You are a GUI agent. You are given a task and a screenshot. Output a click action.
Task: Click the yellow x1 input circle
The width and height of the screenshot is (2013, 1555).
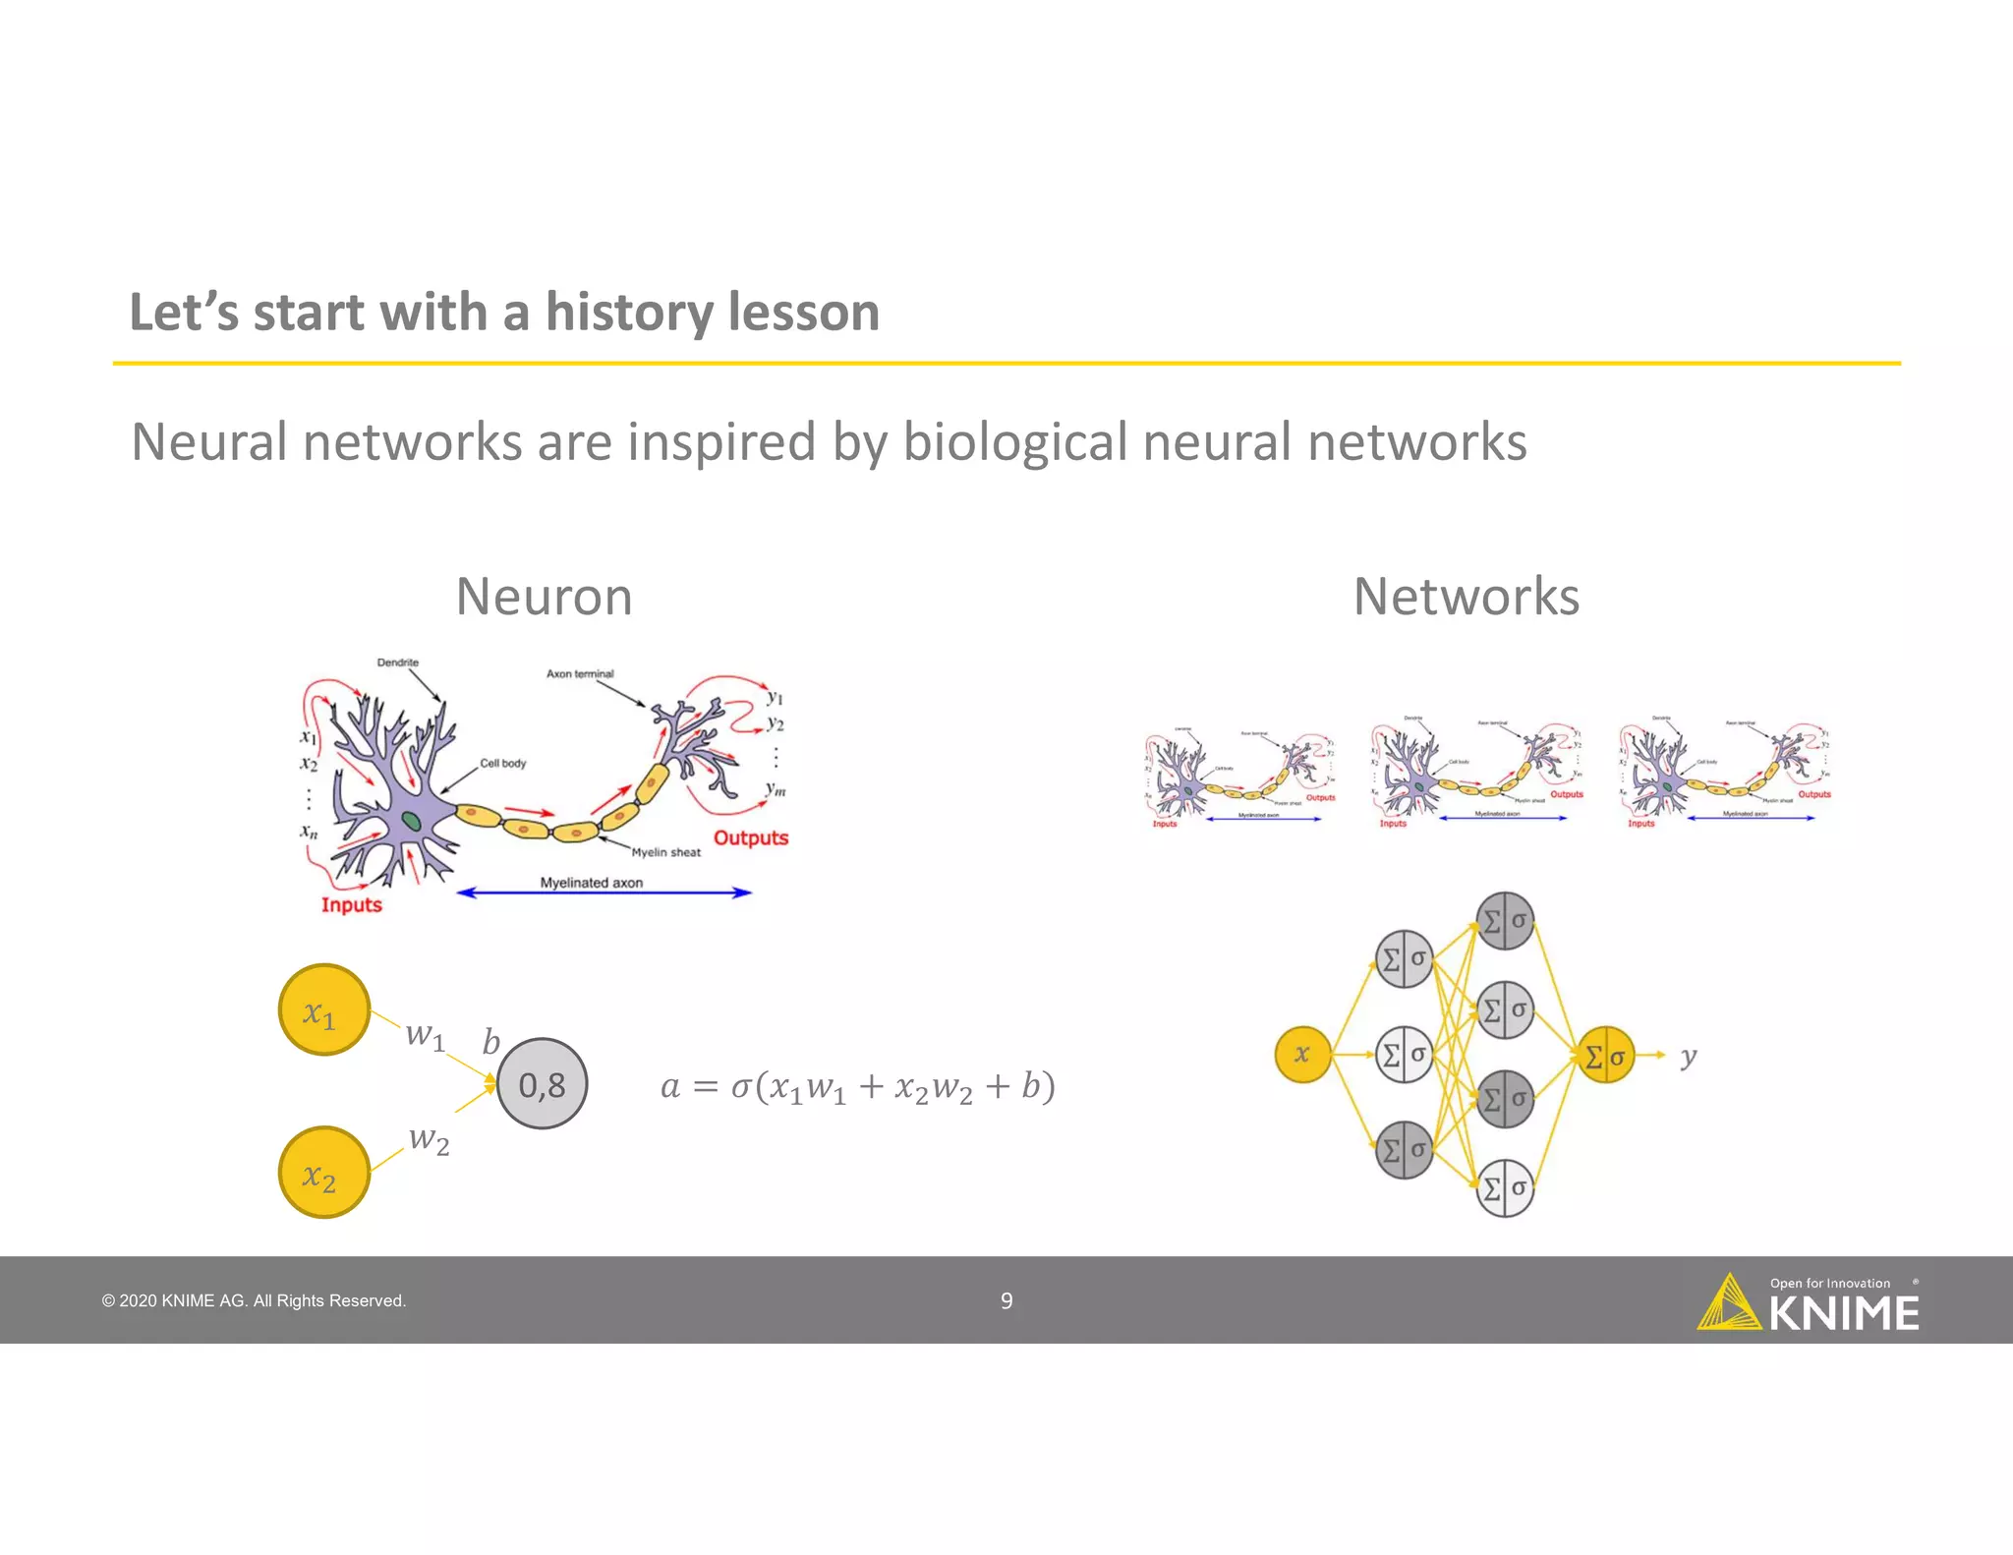click(323, 1010)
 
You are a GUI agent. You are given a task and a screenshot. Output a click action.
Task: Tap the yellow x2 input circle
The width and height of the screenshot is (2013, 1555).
click(323, 1173)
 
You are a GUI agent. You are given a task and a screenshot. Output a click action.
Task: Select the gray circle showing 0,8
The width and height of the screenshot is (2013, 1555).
click(542, 1084)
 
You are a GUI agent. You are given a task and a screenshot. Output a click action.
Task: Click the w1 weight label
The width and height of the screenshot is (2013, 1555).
click(426, 1036)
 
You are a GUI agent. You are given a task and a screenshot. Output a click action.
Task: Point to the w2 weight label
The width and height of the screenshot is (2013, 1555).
click(429, 1139)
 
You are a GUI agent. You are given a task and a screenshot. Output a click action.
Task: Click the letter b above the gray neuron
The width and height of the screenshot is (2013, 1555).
click(490, 1042)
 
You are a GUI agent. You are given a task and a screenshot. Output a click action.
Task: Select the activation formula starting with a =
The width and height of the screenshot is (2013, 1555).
click(857, 1087)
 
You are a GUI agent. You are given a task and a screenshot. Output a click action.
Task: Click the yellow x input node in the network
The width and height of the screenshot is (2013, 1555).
click(1302, 1055)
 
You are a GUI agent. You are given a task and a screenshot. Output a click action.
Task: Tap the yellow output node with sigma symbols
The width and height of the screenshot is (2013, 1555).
click(1605, 1056)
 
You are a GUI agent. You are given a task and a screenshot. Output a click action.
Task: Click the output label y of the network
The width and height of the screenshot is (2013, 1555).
click(1688, 1057)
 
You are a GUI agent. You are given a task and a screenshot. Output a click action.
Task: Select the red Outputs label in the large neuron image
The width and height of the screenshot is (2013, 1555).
click(751, 838)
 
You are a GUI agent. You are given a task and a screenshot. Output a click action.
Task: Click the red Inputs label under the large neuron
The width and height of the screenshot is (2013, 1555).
click(351, 905)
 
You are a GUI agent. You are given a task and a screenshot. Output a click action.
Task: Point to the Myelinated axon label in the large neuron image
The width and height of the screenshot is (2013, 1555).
click(591, 883)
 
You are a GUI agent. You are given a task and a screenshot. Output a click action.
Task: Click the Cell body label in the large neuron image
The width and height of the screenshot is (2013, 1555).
click(502, 763)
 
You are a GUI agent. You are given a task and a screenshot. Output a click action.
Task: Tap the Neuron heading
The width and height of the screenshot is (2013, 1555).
click(544, 597)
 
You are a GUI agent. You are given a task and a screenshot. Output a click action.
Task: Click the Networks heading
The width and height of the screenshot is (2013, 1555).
click(1466, 597)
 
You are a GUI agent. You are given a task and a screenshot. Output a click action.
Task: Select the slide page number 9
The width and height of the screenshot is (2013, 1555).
click(1006, 1301)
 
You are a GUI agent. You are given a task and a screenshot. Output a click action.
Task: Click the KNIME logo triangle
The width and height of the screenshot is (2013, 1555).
click(1728, 1305)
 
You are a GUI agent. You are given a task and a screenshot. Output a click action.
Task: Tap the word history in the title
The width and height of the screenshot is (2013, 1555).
click(629, 314)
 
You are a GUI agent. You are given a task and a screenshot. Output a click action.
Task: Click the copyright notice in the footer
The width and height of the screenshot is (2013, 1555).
click(254, 1301)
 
